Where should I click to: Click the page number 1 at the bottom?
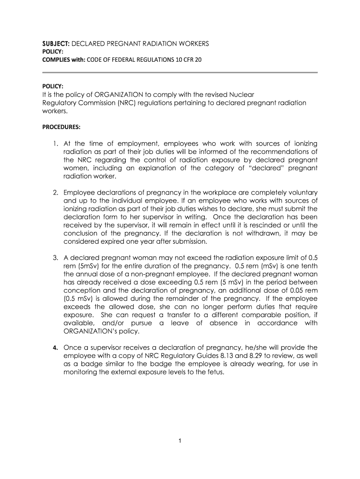point(180,441)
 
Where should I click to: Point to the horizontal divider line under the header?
point(180,73)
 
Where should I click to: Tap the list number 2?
point(55,193)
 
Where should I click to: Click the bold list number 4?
point(55,348)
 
